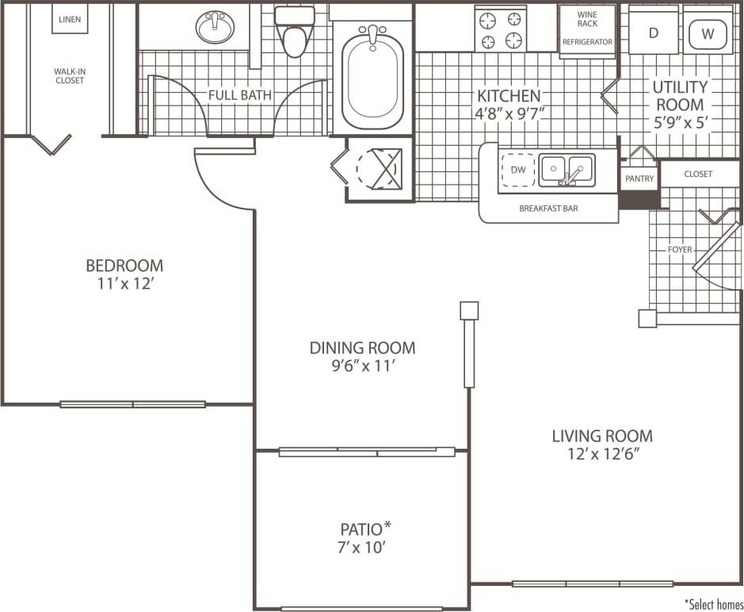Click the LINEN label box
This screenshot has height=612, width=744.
(x=70, y=19)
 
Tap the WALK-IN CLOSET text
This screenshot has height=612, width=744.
(x=70, y=75)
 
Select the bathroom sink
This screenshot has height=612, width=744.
(x=216, y=28)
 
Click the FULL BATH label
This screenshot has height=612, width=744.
(x=239, y=95)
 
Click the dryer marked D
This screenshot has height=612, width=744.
(x=654, y=33)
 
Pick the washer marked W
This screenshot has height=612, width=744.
(x=708, y=33)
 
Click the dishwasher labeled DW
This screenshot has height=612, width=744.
(x=517, y=170)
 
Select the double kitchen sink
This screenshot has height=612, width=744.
(x=567, y=169)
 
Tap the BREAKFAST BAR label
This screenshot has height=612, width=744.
(x=548, y=209)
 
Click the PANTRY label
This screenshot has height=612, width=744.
(x=639, y=179)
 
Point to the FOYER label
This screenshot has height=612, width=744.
(x=679, y=250)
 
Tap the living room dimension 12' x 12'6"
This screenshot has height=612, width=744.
(x=602, y=454)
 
